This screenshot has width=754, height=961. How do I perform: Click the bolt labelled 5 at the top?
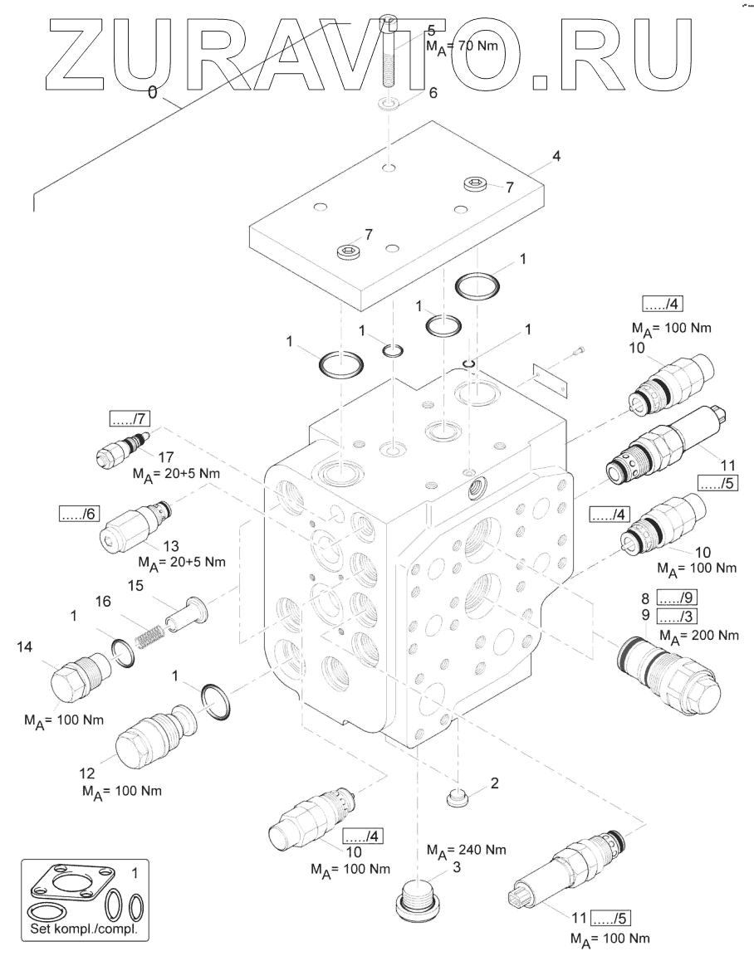click(388, 58)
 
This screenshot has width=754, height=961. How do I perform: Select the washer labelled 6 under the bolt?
click(389, 105)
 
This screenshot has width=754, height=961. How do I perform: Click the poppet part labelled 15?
click(187, 615)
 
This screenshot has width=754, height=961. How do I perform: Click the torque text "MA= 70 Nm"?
click(462, 47)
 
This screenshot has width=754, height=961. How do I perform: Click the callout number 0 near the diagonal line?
click(152, 94)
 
